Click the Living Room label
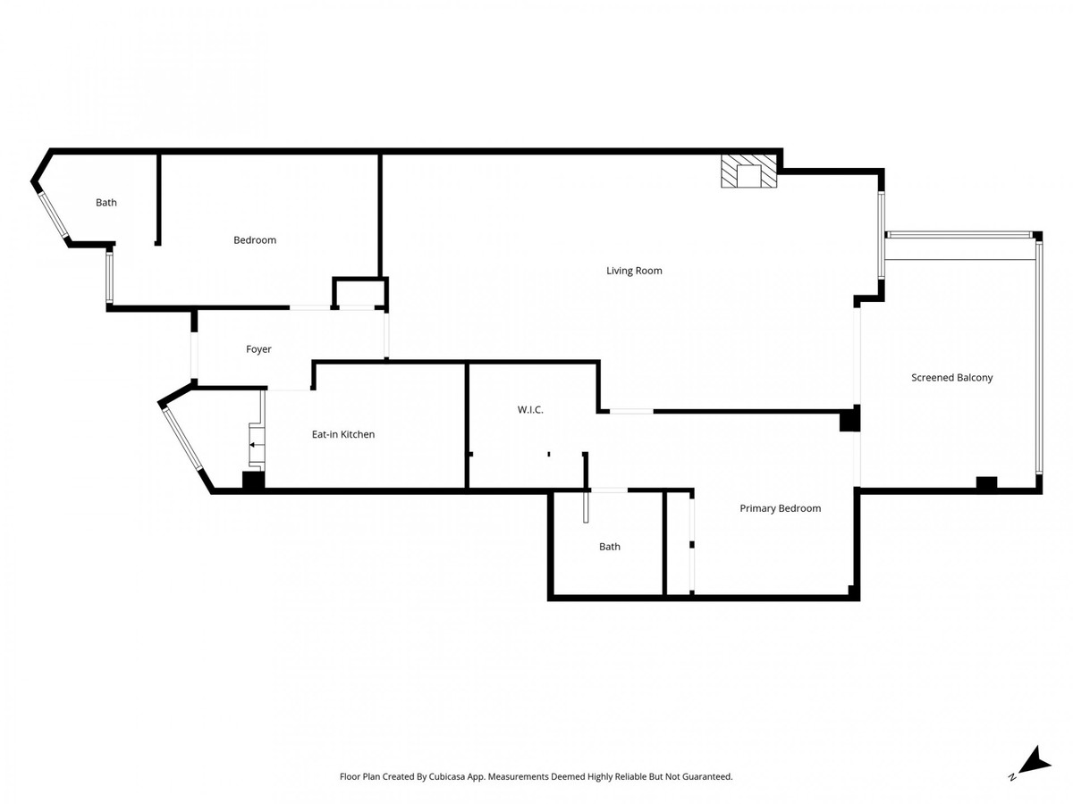634,271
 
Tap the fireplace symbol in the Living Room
749,172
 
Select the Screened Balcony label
951,378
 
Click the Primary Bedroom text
780,508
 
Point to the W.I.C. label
530,410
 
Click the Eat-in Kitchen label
342,434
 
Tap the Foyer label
258,349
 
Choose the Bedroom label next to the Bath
255,240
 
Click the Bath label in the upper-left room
106,203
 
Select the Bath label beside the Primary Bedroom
609,547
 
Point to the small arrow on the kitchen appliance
254,444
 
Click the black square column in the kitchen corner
254,481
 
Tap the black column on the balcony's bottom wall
985,483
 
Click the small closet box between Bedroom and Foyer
360,293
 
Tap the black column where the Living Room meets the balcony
849,419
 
